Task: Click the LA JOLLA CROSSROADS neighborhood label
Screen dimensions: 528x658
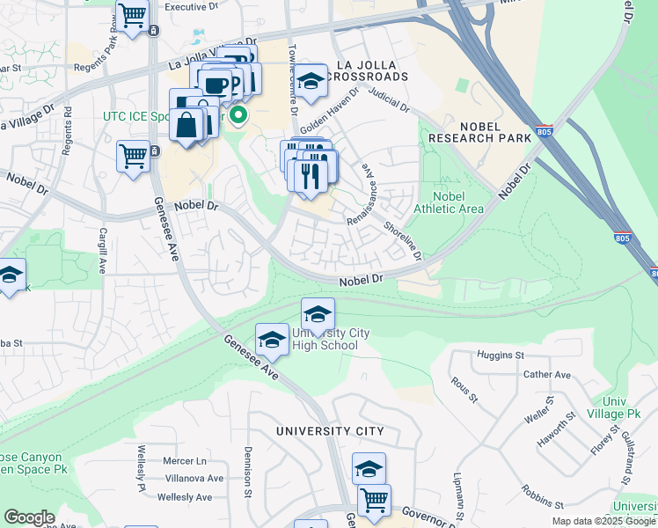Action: (x=368, y=70)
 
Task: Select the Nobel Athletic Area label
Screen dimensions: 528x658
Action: (x=458, y=202)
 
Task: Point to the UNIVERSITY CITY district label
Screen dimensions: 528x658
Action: (x=330, y=431)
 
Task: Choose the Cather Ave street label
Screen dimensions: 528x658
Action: (x=547, y=375)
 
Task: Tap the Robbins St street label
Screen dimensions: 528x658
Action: (x=541, y=495)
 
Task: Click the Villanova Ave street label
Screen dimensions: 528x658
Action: (x=195, y=479)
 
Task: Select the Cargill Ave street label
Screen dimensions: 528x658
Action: (x=103, y=249)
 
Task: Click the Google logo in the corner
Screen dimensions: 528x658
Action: (x=29, y=517)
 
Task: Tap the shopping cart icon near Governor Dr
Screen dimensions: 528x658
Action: (x=374, y=501)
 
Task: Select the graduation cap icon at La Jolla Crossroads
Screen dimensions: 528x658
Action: (x=310, y=81)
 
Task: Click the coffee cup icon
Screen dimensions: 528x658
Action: (x=215, y=84)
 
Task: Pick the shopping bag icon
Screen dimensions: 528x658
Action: (x=187, y=124)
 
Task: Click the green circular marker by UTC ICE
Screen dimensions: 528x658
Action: (x=238, y=114)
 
